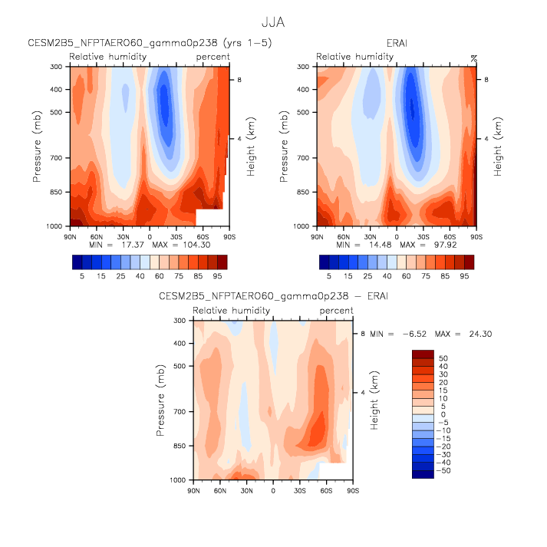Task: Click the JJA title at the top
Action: pos(274,23)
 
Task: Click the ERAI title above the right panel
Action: pos(397,43)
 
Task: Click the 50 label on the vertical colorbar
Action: pos(443,358)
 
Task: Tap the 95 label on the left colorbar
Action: pos(217,275)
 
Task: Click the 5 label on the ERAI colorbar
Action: pos(328,275)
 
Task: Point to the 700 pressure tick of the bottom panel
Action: pos(180,412)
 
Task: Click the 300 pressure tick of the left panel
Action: pos(56,67)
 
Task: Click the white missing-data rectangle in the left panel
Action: pos(211,216)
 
